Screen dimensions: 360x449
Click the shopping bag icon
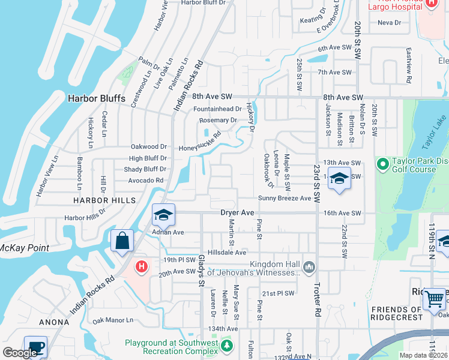(x=122, y=241)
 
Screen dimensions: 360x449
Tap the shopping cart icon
(x=434, y=298)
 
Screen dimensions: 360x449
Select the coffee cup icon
(x=35, y=347)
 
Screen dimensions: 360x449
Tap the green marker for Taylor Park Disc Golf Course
(x=382, y=163)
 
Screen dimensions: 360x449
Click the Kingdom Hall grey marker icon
(x=310, y=266)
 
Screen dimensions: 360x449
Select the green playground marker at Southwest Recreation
(x=226, y=346)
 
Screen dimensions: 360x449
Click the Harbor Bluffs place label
(x=96, y=98)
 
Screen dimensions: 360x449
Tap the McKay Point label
(x=24, y=248)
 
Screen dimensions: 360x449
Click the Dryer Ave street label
(x=238, y=212)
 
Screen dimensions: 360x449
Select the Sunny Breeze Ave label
(x=285, y=198)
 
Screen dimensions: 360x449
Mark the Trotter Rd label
(x=317, y=299)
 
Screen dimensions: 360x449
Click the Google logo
(x=20, y=353)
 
